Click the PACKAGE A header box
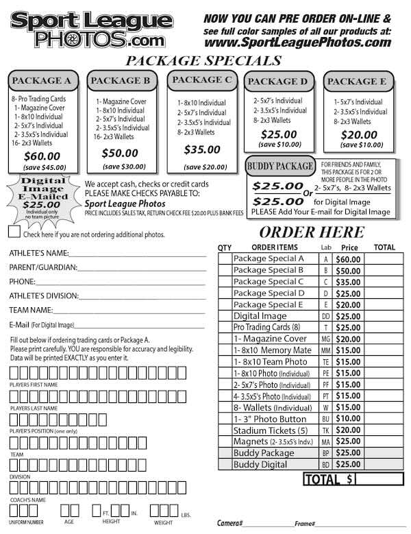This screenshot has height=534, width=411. click(46, 81)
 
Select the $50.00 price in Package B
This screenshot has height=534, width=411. click(120, 153)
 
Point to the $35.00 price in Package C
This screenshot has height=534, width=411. click(202, 149)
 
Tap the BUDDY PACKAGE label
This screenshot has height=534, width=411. click(281, 166)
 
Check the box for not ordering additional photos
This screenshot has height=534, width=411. click(14, 233)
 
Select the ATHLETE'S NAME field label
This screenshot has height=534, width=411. click(39, 254)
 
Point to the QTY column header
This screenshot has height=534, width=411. click(224, 247)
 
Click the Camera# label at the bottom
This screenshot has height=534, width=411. click(230, 523)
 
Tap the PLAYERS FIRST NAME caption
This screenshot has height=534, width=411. click(34, 385)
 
